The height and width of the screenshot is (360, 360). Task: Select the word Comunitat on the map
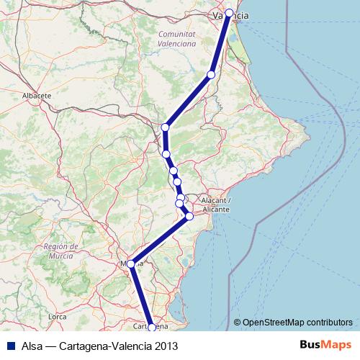tap(177, 34)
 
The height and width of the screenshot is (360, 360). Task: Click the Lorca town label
tap(57, 316)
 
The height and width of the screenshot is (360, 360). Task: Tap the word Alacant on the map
tap(215, 199)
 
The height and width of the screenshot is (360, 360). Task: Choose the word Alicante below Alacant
tap(216, 209)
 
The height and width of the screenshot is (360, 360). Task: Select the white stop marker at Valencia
tap(230, 13)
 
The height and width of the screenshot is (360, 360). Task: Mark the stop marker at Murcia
tap(131, 264)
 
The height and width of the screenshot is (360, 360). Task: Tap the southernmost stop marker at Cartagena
tap(151, 328)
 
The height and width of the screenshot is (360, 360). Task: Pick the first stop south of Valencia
tap(212, 74)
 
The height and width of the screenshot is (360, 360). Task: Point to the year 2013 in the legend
tap(163, 346)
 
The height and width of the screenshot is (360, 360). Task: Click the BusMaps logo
tap(325, 345)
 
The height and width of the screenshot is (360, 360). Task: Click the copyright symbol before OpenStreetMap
tap(238, 323)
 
